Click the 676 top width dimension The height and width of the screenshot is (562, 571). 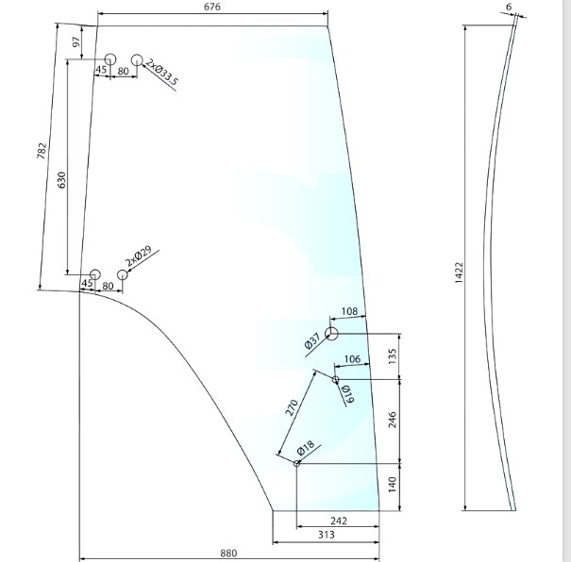pos(212,7)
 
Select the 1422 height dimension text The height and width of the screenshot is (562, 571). pos(459,273)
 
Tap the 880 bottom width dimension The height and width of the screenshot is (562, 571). pos(228,554)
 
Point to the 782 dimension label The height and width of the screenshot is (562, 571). pos(42,151)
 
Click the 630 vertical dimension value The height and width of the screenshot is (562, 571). pos(62,180)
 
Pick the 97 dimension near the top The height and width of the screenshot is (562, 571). pos(76,42)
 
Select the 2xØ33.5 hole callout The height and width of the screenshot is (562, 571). pos(161,73)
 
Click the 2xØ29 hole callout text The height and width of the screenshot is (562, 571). pos(138,256)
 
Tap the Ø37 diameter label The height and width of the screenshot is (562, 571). pos(312,340)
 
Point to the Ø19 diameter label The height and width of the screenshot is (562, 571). pos(347,394)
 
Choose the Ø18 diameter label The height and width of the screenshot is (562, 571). pos(306,448)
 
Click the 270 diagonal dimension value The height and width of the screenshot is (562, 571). pos(292,407)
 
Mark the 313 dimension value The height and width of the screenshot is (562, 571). pos(326,535)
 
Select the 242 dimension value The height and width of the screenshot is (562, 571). pos(338,521)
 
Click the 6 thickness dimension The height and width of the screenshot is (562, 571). pos(509,7)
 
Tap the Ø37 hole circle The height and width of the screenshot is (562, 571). pos(331,333)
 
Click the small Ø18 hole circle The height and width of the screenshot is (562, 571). pos(296,463)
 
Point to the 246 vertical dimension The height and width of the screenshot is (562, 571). pos(393,420)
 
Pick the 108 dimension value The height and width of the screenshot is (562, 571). pos(349,311)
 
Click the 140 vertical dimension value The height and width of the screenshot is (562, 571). pos(393,485)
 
